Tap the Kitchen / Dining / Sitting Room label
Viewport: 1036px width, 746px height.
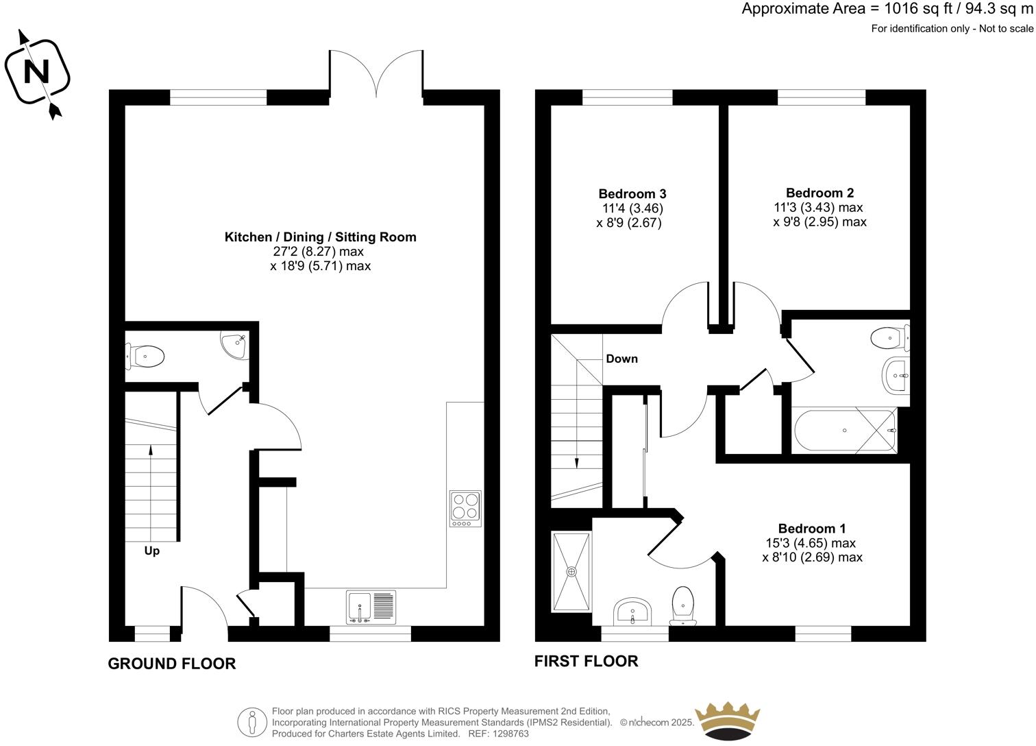[x=320, y=237]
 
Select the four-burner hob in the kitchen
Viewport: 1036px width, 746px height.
[x=465, y=509]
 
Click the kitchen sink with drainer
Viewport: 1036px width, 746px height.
[x=371, y=607]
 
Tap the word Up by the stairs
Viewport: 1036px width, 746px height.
[x=151, y=551]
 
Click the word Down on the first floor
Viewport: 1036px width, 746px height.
[x=621, y=359]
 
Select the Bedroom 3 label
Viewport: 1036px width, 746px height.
[x=632, y=194]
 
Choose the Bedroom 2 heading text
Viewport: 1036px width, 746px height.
[x=819, y=193]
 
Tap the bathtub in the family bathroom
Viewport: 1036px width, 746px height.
[x=844, y=431]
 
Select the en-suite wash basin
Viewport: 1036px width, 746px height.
[x=633, y=610]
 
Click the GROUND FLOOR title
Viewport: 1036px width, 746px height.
[x=171, y=664]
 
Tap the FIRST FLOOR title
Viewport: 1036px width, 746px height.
[x=586, y=661]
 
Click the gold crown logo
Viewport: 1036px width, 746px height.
[x=728, y=721]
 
